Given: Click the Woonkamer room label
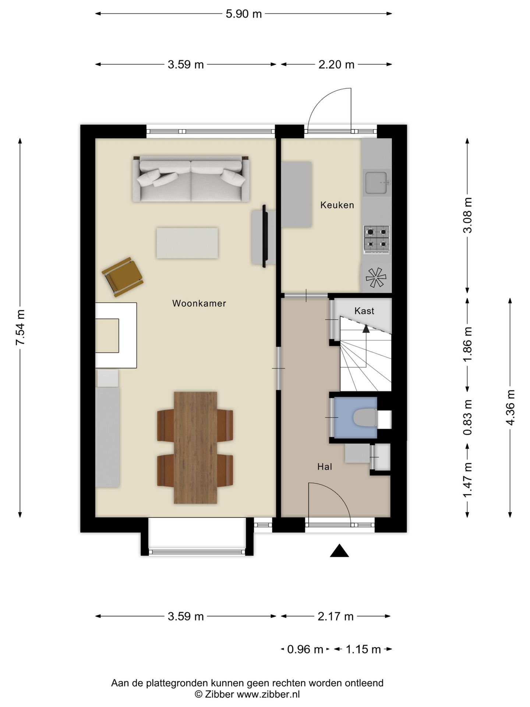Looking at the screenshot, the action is (199, 303).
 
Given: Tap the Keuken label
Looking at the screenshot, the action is (337, 205).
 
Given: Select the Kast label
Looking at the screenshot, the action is (364, 311).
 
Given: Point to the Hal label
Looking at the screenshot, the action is (325, 467).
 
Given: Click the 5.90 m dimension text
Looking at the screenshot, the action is (244, 14).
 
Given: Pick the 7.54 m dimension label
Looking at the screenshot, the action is (20, 327).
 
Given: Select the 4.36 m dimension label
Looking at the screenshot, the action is (510, 407).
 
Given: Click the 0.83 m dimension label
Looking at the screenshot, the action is (467, 417).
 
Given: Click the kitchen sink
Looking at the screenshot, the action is (377, 183).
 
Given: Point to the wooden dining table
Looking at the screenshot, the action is (195, 447).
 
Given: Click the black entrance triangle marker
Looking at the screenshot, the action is (339, 551).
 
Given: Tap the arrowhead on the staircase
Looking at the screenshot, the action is (366, 329).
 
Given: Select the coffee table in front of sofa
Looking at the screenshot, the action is (187, 243).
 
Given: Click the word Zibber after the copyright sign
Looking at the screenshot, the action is (219, 694).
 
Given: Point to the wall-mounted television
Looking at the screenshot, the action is (264, 236).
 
